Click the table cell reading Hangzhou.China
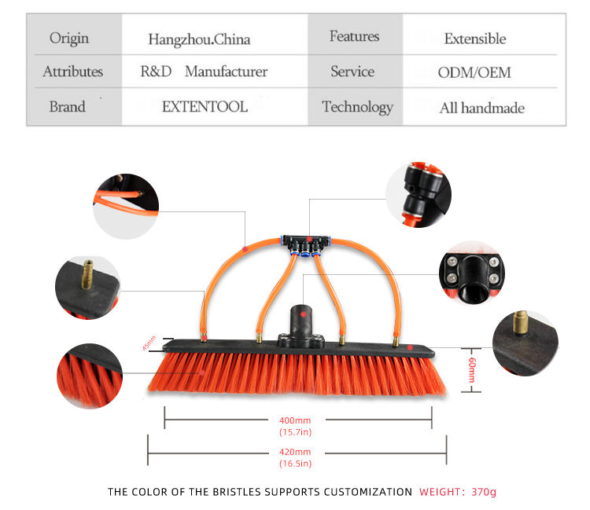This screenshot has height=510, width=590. tap(199, 39)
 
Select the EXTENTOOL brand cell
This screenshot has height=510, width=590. tap(205, 107)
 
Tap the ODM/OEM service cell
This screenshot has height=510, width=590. tap(474, 72)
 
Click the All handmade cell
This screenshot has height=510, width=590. tap(481, 108)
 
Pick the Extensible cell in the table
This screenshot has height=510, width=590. tap(474, 39)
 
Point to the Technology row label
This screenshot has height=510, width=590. tap(357, 107)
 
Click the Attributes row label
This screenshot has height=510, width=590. tap(72, 72)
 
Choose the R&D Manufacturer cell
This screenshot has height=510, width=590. tap(204, 72)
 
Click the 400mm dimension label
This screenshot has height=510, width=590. tap(295, 420)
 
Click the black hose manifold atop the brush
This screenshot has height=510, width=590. tap(308, 238)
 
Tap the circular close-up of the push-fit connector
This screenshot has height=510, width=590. tap(418, 195)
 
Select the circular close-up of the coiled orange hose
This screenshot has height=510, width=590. tap(125, 206)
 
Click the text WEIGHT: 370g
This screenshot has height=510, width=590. tap(458, 492)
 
